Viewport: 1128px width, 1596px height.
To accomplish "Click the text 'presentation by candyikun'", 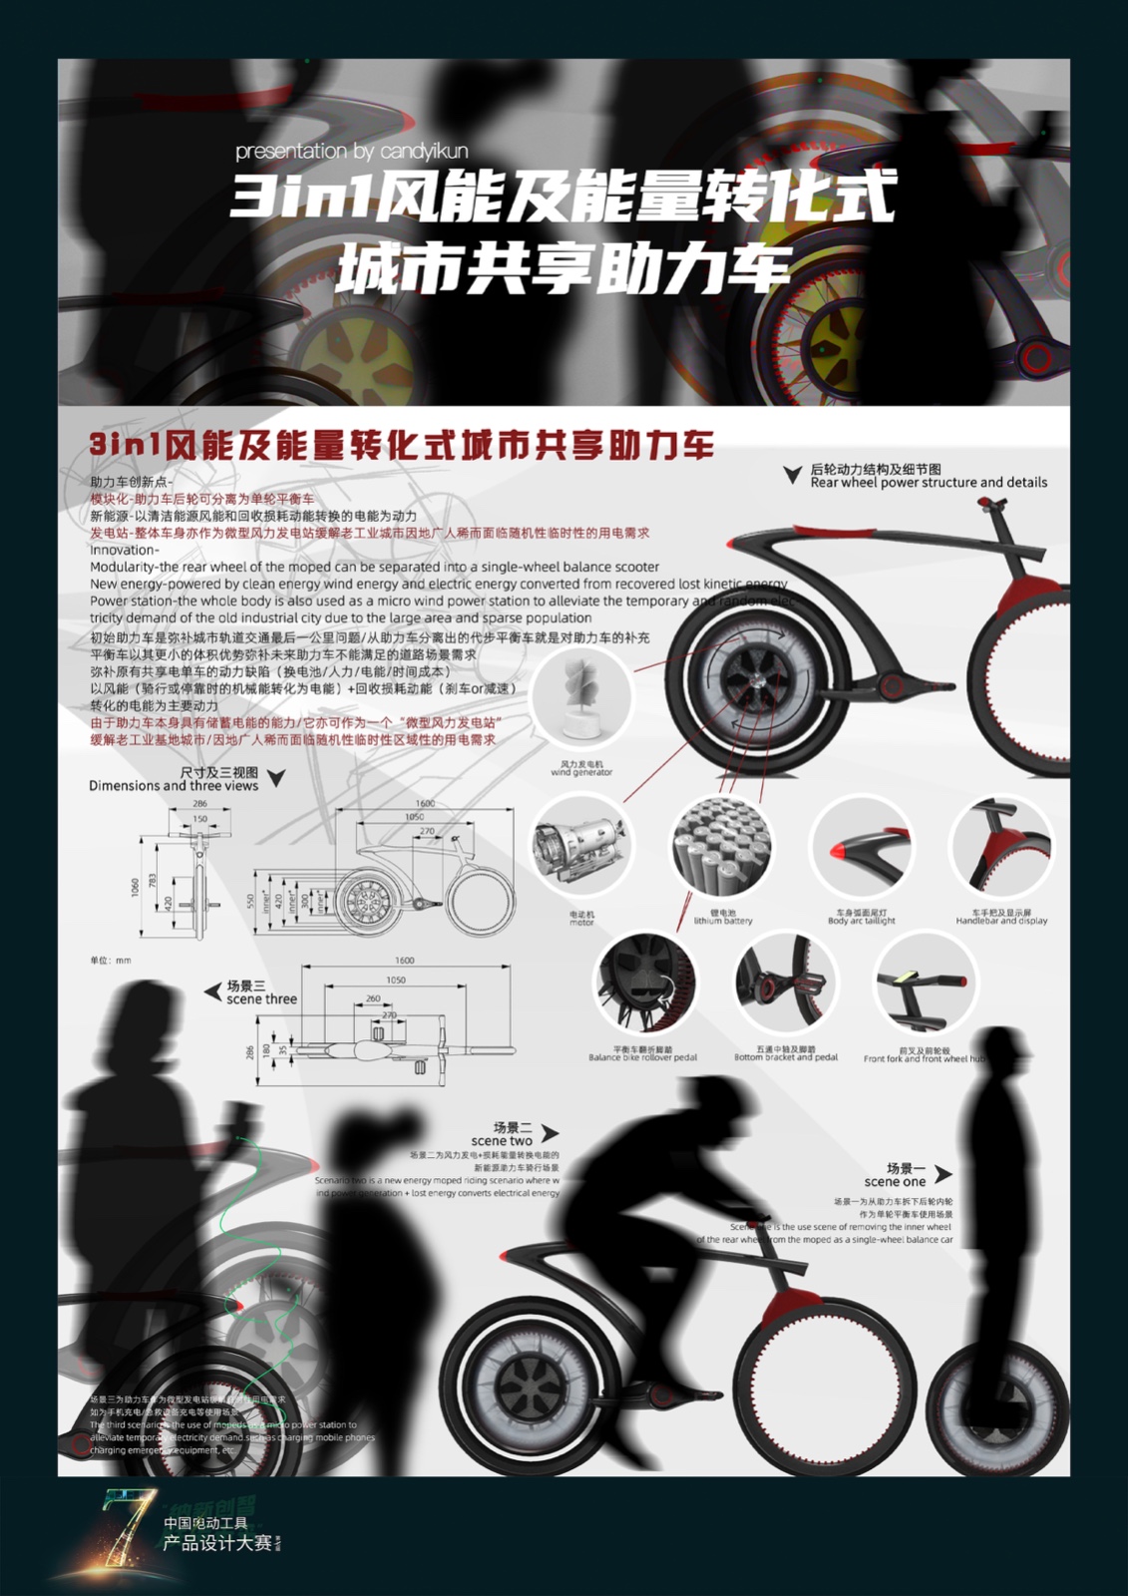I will (x=351, y=152).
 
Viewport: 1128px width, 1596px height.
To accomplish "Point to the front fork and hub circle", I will (x=926, y=988).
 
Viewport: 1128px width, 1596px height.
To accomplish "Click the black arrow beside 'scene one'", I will (x=943, y=1174).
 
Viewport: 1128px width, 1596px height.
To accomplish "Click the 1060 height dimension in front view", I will (x=136, y=887).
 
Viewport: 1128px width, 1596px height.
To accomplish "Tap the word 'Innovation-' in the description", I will (x=124, y=550).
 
